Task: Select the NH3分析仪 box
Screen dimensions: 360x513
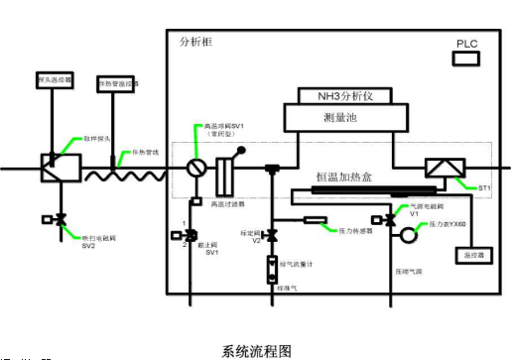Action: click(341, 98)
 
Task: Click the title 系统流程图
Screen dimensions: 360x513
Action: click(256, 350)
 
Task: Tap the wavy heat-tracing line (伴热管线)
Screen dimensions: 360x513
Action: click(114, 170)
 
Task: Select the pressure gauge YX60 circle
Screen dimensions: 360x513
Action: click(408, 236)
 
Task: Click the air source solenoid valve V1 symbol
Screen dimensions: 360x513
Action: click(379, 220)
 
